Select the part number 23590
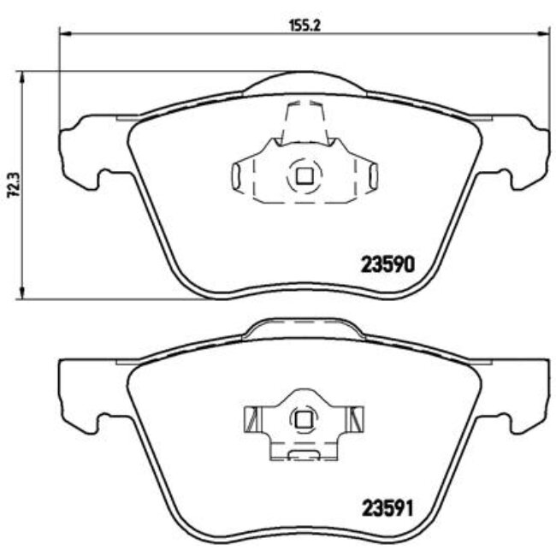(389, 264)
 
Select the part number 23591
(389, 507)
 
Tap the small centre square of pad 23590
(303, 177)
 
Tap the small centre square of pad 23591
(303, 419)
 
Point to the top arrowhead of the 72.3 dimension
(23, 75)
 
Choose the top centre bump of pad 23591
(303, 326)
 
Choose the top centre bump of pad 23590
(303, 83)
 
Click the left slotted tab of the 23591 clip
(251, 419)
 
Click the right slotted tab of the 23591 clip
(355, 419)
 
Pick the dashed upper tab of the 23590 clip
(303, 120)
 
